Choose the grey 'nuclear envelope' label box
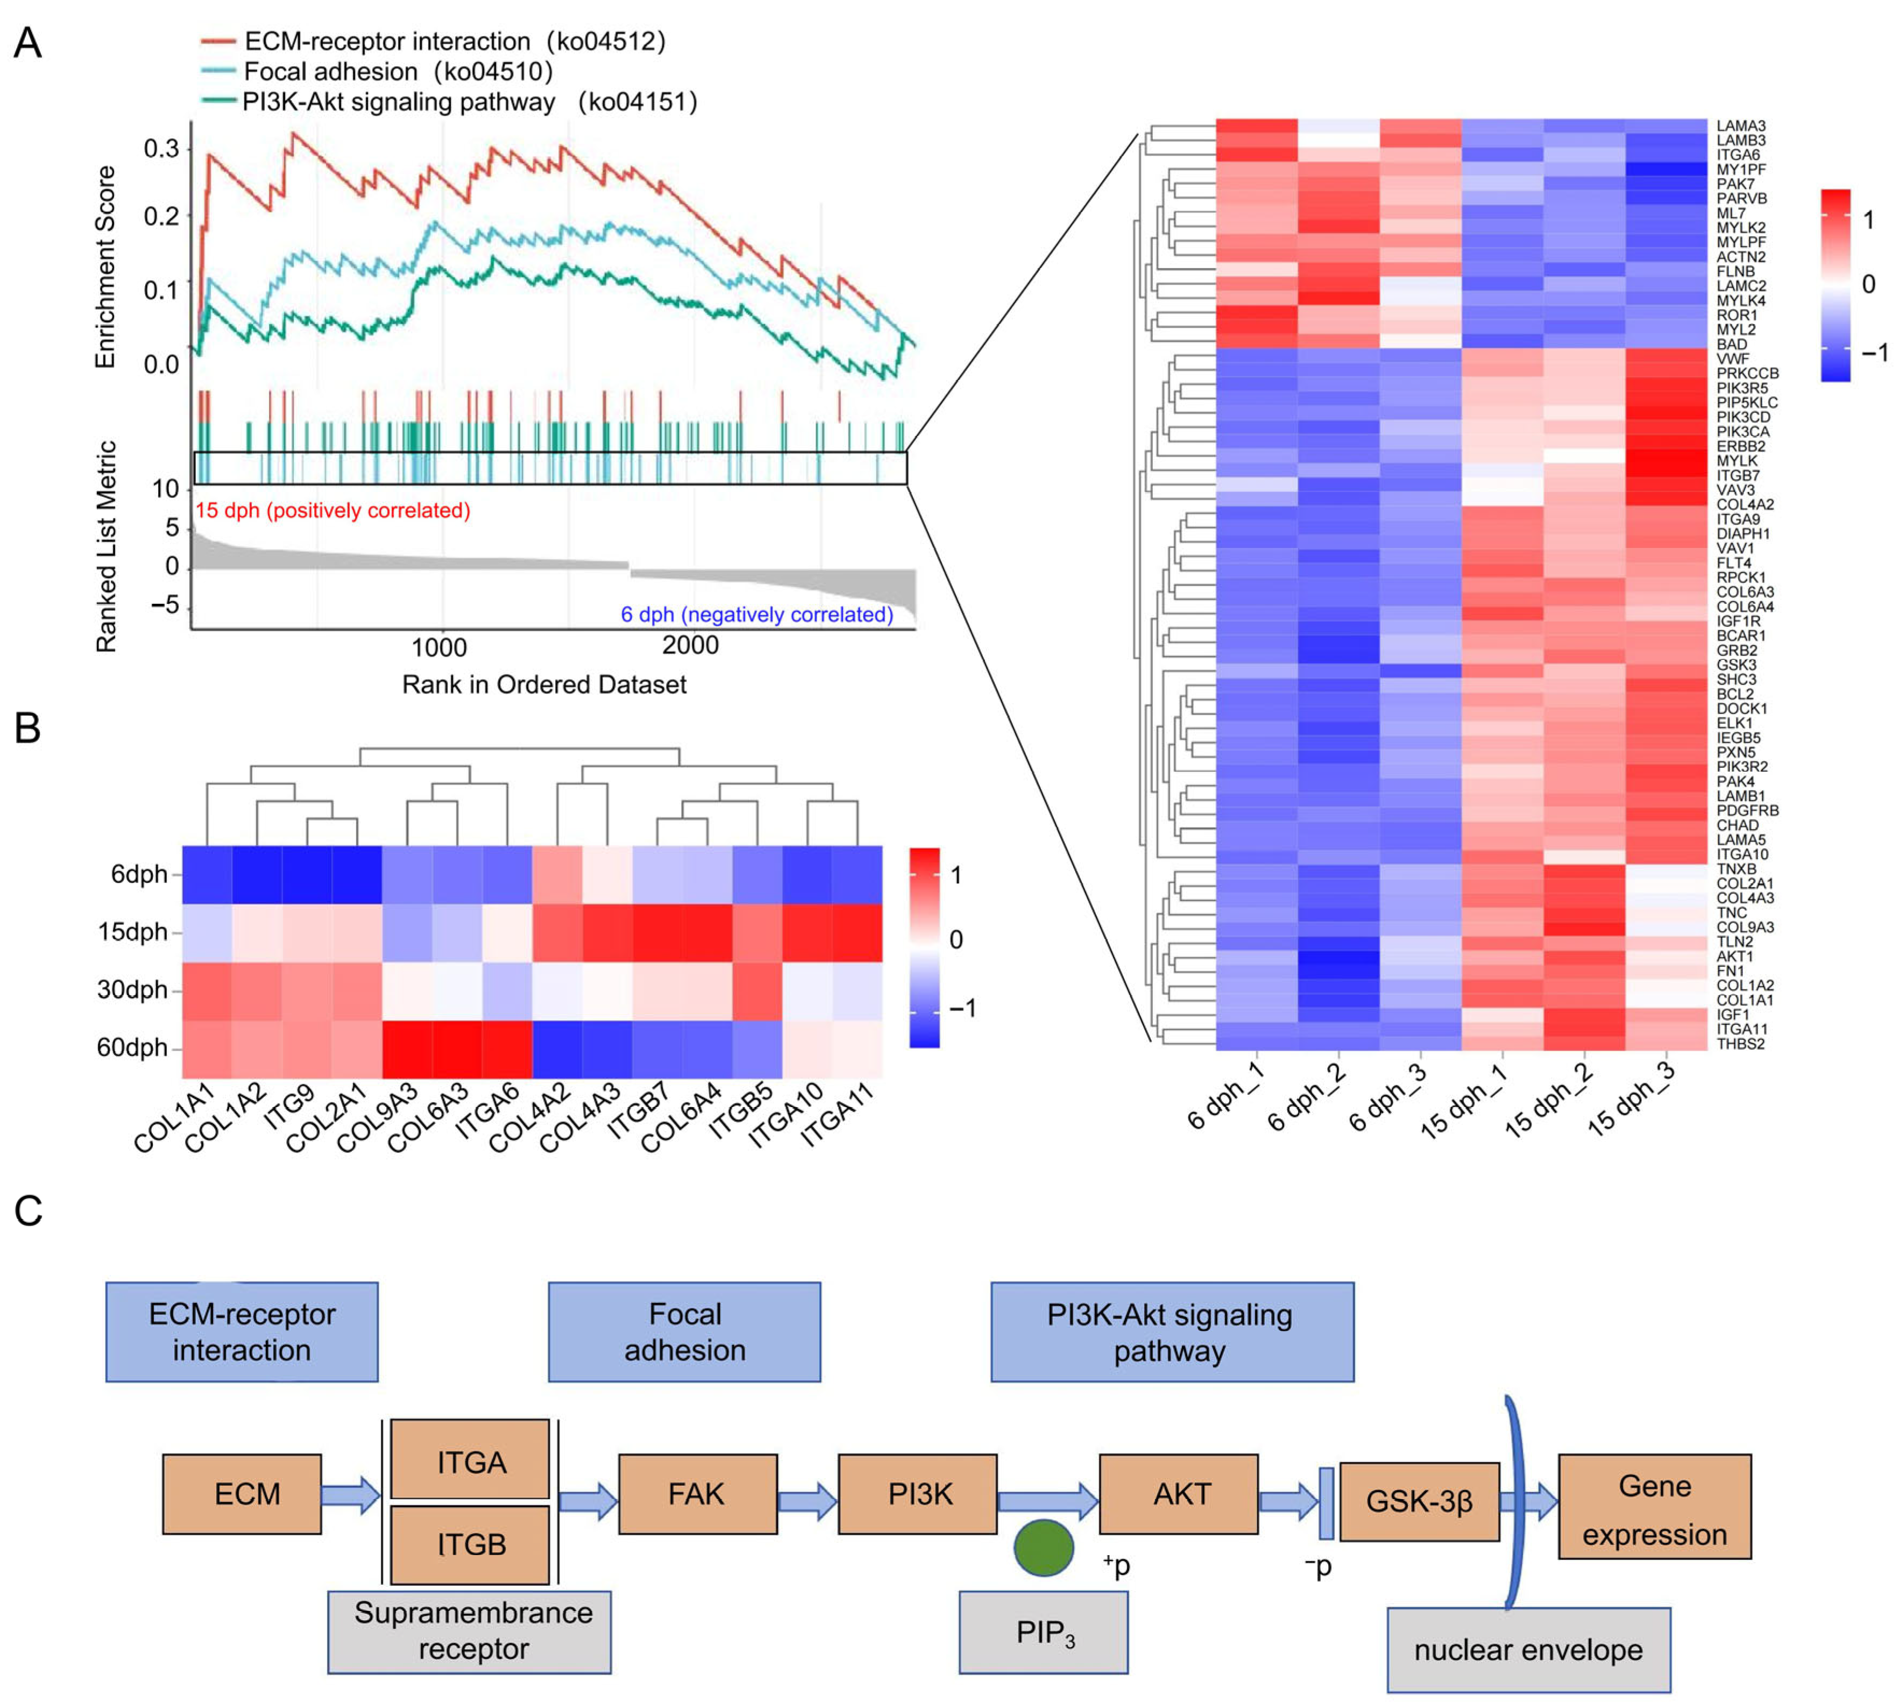pyautogui.click(x=1527, y=1650)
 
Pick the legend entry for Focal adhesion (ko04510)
pyautogui.click(x=398, y=72)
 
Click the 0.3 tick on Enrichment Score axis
pyautogui.click(x=161, y=149)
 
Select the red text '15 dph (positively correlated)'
pyautogui.click(x=332, y=511)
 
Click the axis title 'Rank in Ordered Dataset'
pyautogui.click(x=544, y=685)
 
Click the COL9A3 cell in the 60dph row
pyautogui.click(x=407, y=1049)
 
